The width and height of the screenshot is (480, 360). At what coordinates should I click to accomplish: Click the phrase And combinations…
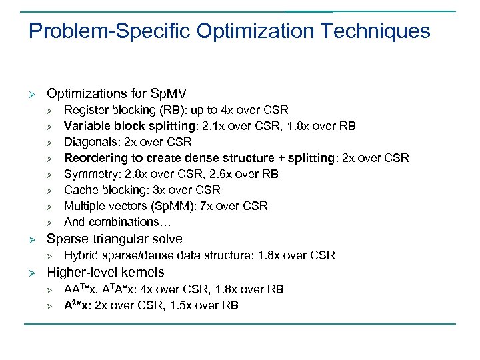(x=112, y=222)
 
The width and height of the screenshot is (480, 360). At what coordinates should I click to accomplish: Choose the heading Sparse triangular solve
(x=114, y=239)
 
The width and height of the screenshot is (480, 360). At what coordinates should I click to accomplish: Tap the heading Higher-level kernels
(x=105, y=272)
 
